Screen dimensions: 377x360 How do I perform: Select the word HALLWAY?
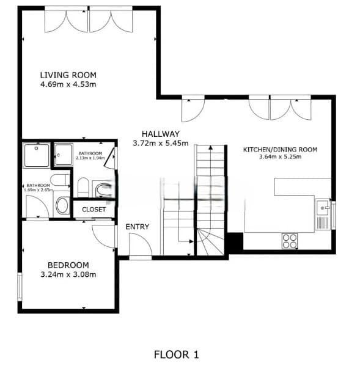coord(160,134)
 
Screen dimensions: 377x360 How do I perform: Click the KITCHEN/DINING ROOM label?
coord(280,150)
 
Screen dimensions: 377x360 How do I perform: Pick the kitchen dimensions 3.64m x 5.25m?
coord(280,157)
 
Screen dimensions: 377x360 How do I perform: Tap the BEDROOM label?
coord(68,265)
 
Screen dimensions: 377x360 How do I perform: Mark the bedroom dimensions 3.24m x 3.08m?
coord(68,274)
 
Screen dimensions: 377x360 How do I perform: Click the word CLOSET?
coord(94,210)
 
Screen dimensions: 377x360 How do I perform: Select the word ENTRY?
coord(138,227)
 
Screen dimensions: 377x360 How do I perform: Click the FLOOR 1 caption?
coord(177,354)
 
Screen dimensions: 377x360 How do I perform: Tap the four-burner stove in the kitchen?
coord(290,241)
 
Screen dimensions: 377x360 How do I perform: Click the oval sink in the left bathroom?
coord(62,205)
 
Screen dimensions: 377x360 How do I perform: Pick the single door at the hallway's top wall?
coord(193,110)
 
